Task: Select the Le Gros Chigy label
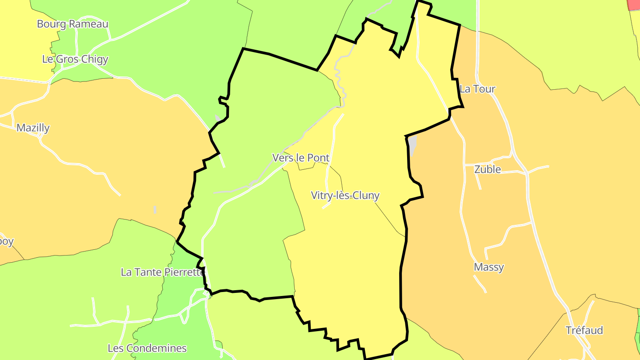tap(75, 59)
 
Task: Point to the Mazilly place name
tap(33, 128)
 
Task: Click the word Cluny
tap(367, 195)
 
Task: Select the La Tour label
tap(477, 89)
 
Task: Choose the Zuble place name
tap(488, 169)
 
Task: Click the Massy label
tap(489, 267)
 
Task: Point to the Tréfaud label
tap(584, 330)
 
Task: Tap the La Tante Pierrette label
tap(163, 272)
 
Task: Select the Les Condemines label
tap(147, 348)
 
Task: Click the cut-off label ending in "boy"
tap(6, 242)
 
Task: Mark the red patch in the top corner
tap(634, 4)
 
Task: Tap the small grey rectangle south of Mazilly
tap(155, 209)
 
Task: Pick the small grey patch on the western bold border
tap(217, 118)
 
